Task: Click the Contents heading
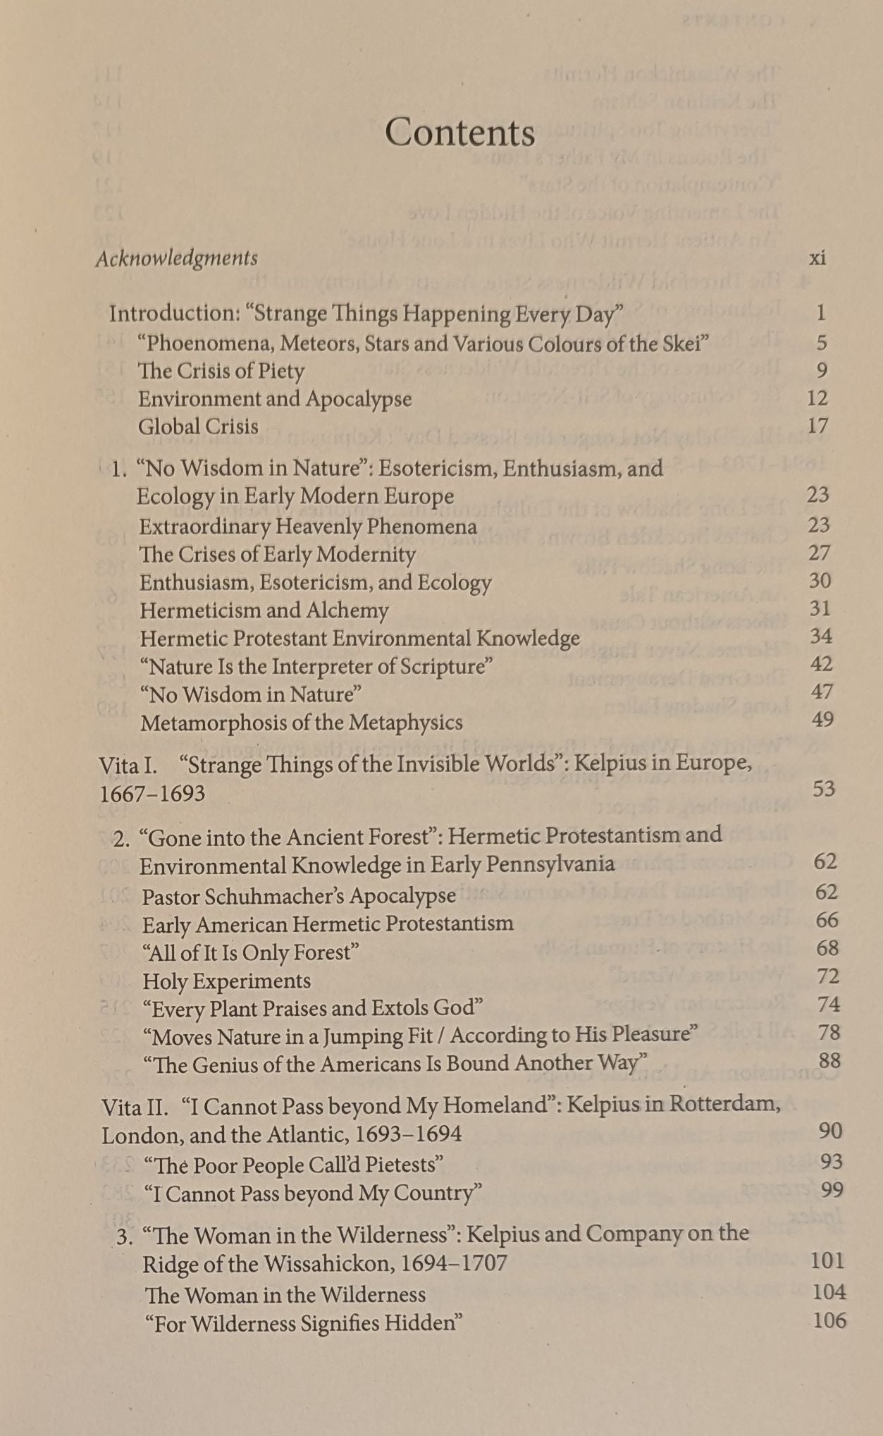pos(459,133)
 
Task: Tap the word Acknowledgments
pos(177,259)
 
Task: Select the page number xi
pos(817,258)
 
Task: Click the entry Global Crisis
pos(198,426)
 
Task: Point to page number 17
pos(817,426)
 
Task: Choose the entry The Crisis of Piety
pos(221,371)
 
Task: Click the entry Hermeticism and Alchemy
pos(264,610)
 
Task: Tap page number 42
pos(821,664)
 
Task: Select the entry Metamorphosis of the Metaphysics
pos(302,723)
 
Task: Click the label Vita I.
pos(128,765)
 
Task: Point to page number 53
pos(824,788)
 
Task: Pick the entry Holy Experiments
pos(226,981)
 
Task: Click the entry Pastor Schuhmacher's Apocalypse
pos(299,896)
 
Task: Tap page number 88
pos(829,1060)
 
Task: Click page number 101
pos(827,1260)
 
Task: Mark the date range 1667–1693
pos(152,794)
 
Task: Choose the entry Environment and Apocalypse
pos(275,399)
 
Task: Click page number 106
pos(829,1320)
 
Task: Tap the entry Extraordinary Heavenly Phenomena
pos(308,527)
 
